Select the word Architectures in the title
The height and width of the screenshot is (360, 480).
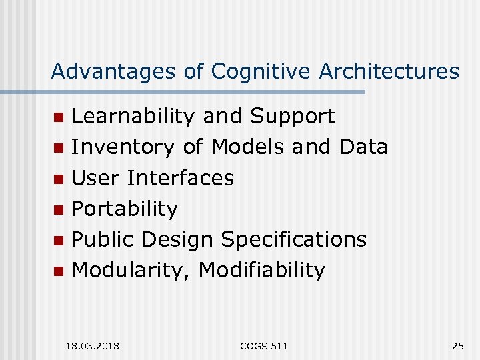tap(389, 71)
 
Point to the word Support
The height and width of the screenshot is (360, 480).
tap(292, 117)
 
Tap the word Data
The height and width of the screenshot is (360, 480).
tap(363, 147)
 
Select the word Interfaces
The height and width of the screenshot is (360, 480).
tap(181, 178)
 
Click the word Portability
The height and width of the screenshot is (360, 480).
tap(125, 209)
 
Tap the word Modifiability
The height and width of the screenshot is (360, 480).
tap(262, 271)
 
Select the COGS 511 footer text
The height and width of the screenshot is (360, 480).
tap(265, 345)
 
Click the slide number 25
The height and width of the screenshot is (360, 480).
tap(457, 345)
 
